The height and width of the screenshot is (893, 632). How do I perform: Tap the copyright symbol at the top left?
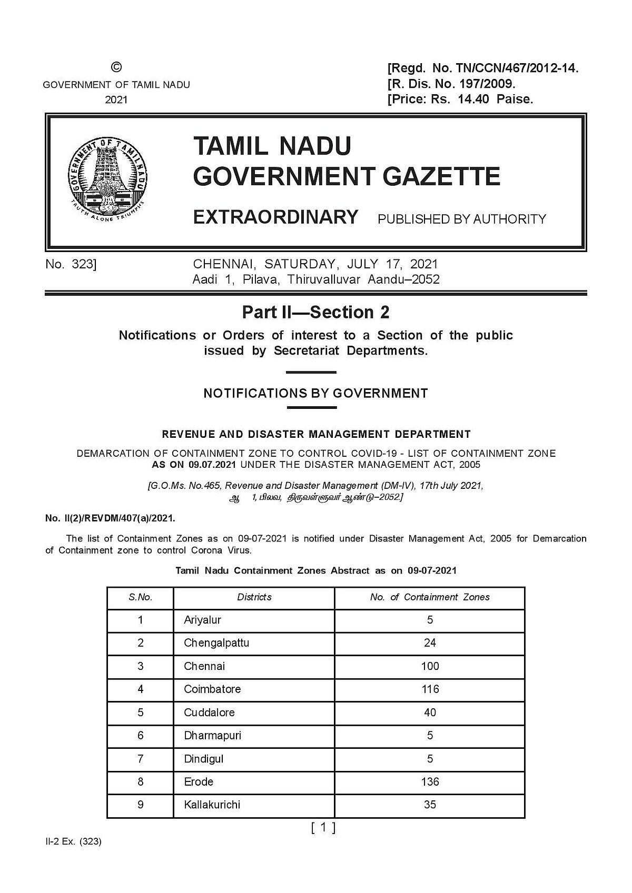116,67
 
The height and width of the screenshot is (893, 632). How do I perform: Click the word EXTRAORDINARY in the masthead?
276,217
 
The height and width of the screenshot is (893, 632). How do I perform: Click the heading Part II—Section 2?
315,312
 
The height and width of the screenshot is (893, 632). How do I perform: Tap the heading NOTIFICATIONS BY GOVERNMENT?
315,393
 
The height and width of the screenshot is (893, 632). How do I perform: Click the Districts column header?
254,597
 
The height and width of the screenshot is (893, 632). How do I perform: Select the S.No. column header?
140,597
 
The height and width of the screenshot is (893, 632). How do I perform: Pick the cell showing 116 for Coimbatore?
430,689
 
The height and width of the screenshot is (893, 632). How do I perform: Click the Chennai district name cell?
204,666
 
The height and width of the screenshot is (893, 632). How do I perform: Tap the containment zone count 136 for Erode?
430,781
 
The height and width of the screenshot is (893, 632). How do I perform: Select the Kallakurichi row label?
212,805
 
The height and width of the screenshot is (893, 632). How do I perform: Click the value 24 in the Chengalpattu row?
430,643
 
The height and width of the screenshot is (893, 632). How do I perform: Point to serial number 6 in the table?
140,735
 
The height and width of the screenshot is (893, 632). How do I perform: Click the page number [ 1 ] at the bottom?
323,828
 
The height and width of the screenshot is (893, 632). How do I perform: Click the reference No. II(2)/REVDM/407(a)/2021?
110,518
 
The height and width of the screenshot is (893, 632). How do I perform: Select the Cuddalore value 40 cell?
430,712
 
